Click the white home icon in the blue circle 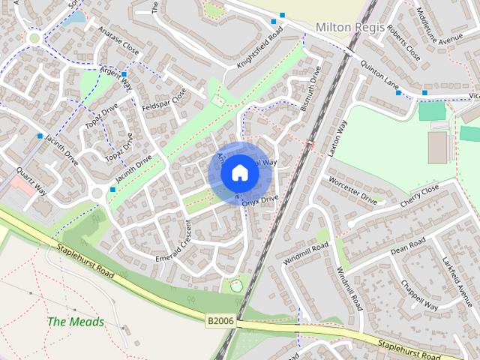tap(239, 173)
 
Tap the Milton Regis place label tap(349, 27)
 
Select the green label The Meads tap(76, 322)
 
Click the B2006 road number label tap(220, 321)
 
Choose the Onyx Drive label tap(260, 200)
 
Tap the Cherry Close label tap(419, 197)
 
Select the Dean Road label tap(408, 245)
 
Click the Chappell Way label tap(419, 295)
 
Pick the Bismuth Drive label tap(310, 88)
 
